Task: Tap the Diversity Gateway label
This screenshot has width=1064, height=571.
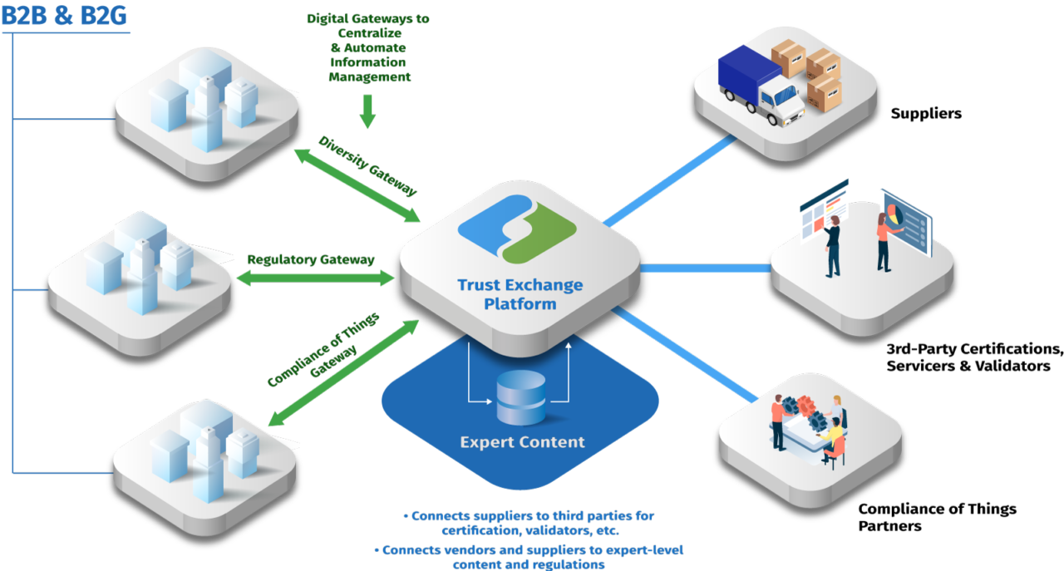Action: (x=367, y=165)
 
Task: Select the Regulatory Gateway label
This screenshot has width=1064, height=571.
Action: (x=311, y=260)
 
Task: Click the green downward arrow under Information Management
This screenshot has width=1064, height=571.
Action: (x=367, y=111)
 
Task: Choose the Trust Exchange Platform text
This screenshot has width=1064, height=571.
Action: (x=520, y=294)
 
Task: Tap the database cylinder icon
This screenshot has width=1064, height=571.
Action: (x=520, y=397)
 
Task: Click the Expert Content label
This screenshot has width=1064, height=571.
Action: (x=522, y=442)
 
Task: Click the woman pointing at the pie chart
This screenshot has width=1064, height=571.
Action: (x=884, y=241)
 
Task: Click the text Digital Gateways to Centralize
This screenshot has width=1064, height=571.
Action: (x=367, y=26)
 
